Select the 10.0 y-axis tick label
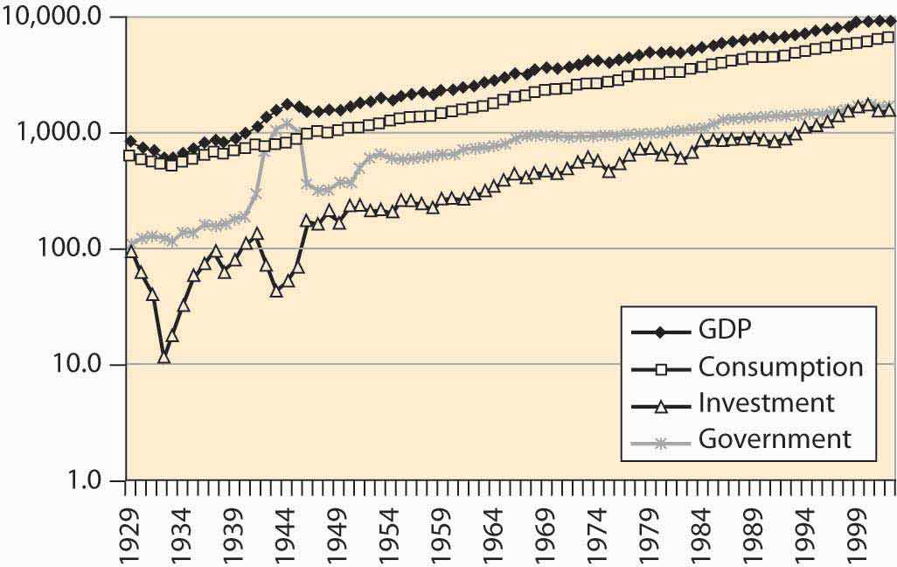click(x=88, y=365)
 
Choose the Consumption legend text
click(x=780, y=367)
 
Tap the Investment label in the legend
click(x=766, y=402)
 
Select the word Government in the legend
click(x=775, y=438)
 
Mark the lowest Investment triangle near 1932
click(x=163, y=356)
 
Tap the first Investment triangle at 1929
click(x=131, y=251)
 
